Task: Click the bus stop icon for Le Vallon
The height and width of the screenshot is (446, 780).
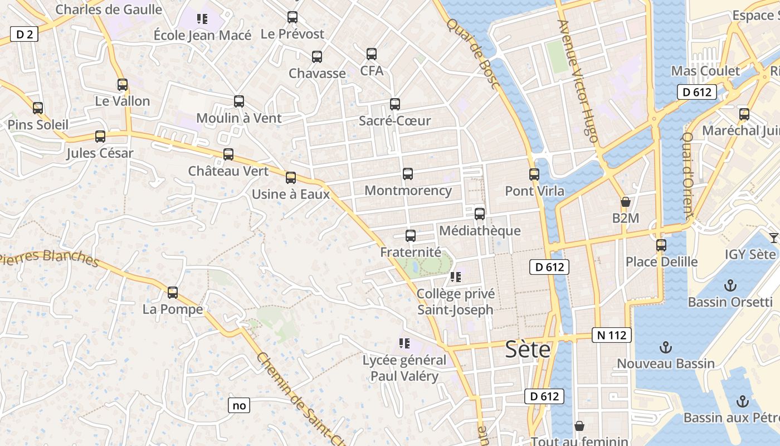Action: point(123,85)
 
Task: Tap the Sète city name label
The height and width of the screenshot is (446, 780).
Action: point(528,350)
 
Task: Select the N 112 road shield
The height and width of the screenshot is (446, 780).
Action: point(612,335)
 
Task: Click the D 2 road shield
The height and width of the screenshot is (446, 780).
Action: point(24,35)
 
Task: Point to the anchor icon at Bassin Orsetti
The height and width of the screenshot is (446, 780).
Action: point(730,286)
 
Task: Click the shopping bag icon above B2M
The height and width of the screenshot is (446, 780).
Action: point(625,202)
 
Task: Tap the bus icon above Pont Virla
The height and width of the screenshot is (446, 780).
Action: point(534,174)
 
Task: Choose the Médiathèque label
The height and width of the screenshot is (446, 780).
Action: point(480,231)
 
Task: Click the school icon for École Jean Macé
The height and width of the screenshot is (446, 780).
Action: point(202,19)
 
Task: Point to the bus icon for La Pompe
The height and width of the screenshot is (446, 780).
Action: point(173,292)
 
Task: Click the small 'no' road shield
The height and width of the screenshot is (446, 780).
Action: point(239,405)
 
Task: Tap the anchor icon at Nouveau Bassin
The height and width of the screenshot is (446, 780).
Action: point(665,348)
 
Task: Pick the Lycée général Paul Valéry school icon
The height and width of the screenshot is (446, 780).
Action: point(404,343)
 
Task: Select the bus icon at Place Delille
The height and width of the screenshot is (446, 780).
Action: point(661,245)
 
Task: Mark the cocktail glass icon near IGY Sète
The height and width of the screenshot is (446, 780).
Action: point(773,238)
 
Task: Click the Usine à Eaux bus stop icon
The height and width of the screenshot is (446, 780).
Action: point(291,178)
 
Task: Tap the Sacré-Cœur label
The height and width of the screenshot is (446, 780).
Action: point(394,121)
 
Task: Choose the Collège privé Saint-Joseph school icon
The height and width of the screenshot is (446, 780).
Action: point(456,277)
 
